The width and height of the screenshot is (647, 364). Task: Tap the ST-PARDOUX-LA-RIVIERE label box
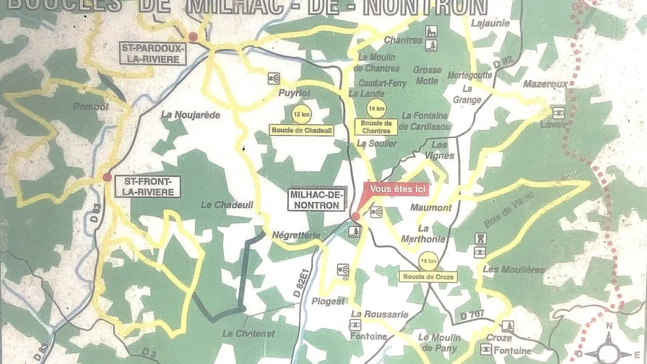152,54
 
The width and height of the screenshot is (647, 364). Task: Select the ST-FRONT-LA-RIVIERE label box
148,186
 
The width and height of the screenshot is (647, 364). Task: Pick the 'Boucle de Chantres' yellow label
376,127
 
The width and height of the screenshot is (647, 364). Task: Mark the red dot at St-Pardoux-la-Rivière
193,37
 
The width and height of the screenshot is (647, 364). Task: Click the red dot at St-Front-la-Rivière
107,177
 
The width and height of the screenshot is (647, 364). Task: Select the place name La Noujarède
190,114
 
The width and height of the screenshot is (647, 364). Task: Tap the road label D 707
472,314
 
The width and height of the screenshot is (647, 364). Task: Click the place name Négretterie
296,235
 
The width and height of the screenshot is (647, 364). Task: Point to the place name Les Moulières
514,269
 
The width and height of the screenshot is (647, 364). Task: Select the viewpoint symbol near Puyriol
274,78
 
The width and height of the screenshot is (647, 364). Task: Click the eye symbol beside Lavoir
559,112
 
